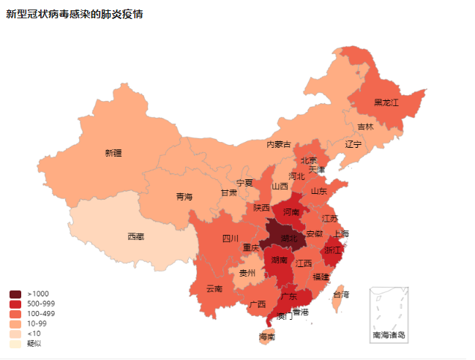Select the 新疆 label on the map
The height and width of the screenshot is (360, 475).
click(113, 153)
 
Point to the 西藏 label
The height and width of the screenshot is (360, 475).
click(135, 236)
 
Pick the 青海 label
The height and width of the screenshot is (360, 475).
click(184, 197)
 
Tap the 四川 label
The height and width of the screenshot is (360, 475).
click(231, 239)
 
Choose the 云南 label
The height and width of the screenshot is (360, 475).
click(214, 288)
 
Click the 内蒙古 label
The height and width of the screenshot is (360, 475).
click(278, 144)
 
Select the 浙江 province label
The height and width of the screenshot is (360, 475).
click(332, 250)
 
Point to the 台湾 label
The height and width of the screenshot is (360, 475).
click(341, 294)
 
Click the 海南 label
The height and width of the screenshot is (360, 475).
click(267, 337)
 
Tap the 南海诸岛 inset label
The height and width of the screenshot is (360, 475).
click(389, 335)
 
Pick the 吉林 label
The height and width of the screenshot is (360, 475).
click(365, 127)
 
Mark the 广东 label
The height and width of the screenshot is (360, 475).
click(289, 296)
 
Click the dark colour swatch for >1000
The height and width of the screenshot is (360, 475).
click(15, 294)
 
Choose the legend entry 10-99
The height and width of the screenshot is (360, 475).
click(36, 323)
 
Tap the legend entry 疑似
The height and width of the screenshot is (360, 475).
click(34, 343)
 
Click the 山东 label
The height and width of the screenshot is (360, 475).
click(319, 191)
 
